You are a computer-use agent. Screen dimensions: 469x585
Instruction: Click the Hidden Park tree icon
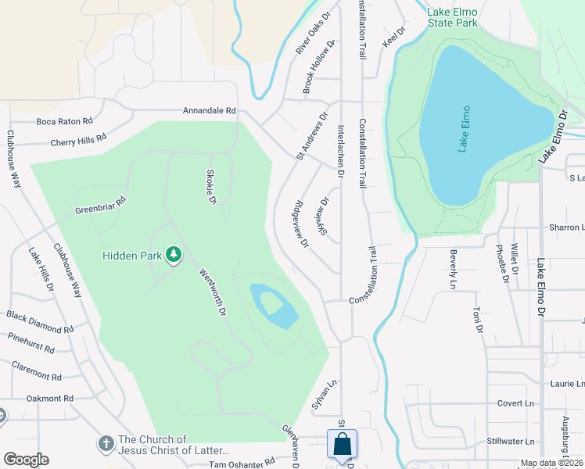174,256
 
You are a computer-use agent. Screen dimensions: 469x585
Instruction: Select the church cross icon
106,444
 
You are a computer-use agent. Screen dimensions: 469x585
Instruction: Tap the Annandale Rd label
209,111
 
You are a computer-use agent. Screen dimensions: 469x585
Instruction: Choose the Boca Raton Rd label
65,121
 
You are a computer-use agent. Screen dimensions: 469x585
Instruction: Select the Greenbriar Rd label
100,206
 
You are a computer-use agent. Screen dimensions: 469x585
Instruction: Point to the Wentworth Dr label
212,292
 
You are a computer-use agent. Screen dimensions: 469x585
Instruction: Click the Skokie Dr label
210,188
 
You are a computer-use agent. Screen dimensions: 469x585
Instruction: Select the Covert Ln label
515,403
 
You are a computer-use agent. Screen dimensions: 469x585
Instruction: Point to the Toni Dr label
475,321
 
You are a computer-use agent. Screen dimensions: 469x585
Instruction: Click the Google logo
25,460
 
